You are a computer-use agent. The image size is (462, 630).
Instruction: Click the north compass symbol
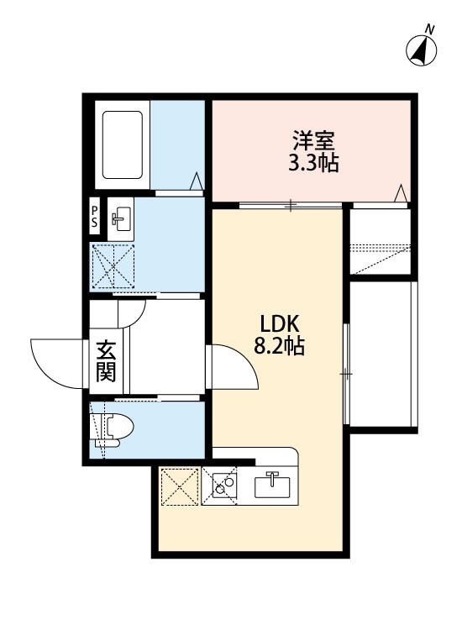pos(421,50)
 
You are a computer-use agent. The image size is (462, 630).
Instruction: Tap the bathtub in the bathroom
pos(122,144)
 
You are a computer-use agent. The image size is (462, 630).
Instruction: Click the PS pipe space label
pos(94,217)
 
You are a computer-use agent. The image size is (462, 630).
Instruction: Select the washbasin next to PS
pos(120,219)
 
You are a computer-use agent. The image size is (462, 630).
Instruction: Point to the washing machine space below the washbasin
pos(113,266)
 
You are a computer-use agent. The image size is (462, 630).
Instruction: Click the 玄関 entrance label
pos(106,360)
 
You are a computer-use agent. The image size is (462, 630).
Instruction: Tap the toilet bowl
pos(115,429)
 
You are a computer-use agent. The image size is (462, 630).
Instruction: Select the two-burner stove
pos(224,485)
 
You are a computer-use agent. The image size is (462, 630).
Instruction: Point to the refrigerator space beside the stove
pos(179,486)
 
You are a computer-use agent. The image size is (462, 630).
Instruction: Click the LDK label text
pos(279,323)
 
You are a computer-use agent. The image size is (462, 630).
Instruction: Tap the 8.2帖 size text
pos(279,345)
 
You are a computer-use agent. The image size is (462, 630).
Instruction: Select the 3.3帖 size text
pos(313,163)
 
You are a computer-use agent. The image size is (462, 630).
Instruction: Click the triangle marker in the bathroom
pos(197,181)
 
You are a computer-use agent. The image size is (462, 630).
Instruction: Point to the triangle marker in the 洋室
pos(401,193)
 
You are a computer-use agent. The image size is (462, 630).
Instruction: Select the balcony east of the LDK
pos(381,354)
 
